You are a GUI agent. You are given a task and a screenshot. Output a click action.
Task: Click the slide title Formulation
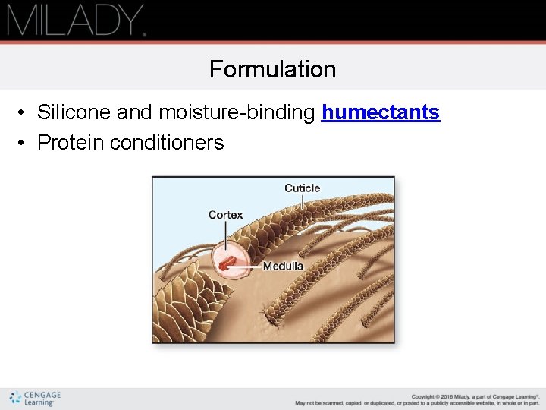[273, 69]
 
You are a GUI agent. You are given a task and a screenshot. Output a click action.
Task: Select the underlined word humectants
[381, 112]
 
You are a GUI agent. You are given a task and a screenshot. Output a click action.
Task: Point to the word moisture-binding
[237, 112]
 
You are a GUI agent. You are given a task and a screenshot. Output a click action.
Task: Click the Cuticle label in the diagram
[302, 188]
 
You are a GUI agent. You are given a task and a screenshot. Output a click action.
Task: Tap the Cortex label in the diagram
[226, 215]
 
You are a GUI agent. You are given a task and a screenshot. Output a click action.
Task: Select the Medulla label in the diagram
[283, 266]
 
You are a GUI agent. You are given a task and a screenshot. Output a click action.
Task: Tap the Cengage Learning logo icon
[14, 399]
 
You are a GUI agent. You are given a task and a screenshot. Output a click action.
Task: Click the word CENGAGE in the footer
[42, 395]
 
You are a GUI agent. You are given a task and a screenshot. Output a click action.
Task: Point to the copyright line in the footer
[475, 396]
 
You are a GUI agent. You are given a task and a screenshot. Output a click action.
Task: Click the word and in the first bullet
[135, 112]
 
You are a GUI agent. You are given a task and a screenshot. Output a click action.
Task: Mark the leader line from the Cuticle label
[303, 201]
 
